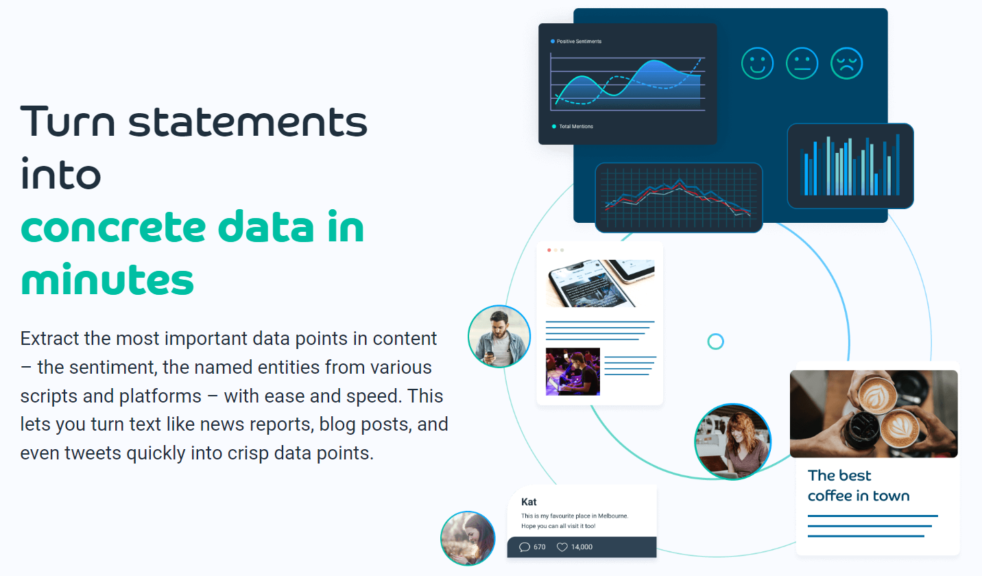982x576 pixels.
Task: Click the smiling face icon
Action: (757, 64)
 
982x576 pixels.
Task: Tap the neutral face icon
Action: (802, 64)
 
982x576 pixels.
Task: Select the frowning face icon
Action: (846, 64)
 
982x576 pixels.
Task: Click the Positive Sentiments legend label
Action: (579, 42)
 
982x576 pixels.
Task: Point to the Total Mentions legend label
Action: (576, 127)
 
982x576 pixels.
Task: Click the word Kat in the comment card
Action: (529, 502)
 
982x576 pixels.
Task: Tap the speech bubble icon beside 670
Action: (525, 547)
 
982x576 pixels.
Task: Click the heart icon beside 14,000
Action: (562, 547)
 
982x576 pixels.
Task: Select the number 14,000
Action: (582, 547)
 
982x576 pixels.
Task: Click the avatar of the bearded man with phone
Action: (499, 336)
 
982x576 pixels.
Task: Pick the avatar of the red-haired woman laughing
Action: (732, 442)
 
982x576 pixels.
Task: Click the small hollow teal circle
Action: (715, 341)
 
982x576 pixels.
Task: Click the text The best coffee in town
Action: (858, 485)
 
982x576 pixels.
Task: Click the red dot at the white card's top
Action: (549, 250)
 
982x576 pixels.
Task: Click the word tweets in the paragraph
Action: (91, 453)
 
